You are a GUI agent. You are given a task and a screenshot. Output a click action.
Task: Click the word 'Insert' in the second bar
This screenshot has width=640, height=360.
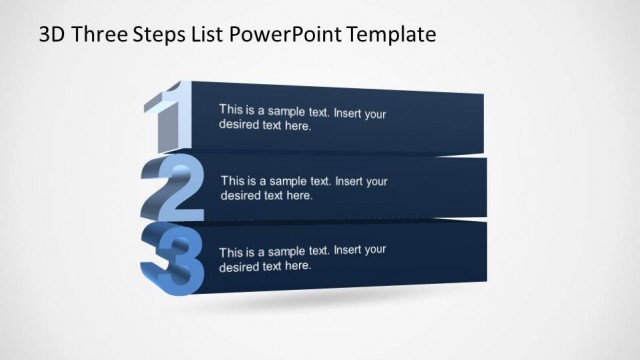[351, 182]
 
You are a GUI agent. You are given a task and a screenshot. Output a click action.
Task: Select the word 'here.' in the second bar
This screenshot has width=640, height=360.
[299, 197]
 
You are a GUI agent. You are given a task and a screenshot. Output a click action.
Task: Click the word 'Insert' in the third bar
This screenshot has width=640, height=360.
[349, 250]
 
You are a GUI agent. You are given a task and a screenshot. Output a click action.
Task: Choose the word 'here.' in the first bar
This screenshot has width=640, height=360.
[297, 127]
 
